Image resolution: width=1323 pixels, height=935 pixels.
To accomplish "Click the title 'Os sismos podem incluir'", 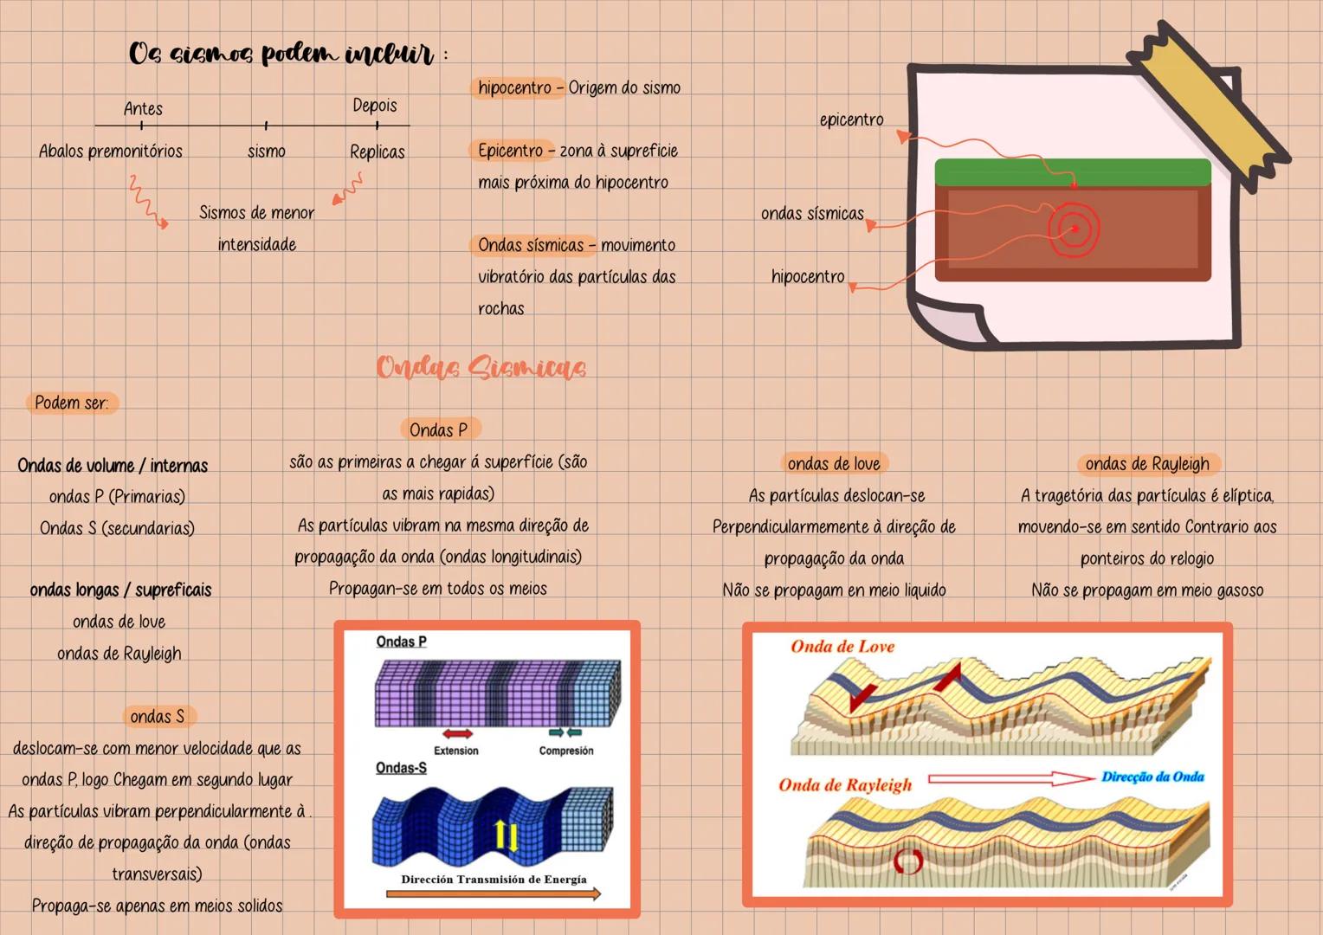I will tap(281, 54).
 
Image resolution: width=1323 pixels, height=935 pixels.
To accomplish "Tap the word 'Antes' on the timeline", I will tap(143, 108).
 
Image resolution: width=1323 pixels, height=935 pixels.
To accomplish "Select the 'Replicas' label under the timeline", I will tap(377, 152).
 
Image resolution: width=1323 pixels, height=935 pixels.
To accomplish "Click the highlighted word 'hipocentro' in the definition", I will tap(514, 87).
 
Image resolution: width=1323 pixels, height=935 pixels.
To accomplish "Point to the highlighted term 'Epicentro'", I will tap(510, 151).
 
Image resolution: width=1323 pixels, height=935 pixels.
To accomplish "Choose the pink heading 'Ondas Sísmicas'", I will tap(481, 367).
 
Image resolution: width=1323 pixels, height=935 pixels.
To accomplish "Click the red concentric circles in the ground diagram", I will tap(1074, 229).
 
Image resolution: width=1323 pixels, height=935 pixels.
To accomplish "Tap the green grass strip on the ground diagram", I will tap(1072, 171).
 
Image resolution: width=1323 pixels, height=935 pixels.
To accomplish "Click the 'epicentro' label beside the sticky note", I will tap(851, 119).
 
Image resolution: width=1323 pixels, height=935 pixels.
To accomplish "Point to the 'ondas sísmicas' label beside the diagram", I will tap(812, 213).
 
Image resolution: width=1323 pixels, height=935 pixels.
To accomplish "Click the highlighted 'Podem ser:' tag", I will tap(71, 403).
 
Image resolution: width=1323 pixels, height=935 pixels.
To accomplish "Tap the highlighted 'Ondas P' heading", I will tap(438, 429).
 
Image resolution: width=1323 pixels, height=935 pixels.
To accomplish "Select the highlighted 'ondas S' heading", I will tap(157, 716).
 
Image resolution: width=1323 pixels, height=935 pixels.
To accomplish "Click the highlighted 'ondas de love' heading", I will tap(833, 463).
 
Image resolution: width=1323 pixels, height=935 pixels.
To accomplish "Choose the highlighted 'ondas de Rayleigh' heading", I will tap(1146, 464).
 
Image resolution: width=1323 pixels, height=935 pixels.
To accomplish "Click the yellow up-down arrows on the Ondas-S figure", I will tap(505, 835).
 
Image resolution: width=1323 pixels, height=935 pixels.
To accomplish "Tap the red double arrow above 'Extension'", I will tap(456, 734).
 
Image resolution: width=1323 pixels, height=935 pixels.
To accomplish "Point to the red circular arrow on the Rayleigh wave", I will tap(908, 860).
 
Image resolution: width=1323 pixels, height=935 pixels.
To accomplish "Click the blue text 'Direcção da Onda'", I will tap(1152, 777).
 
